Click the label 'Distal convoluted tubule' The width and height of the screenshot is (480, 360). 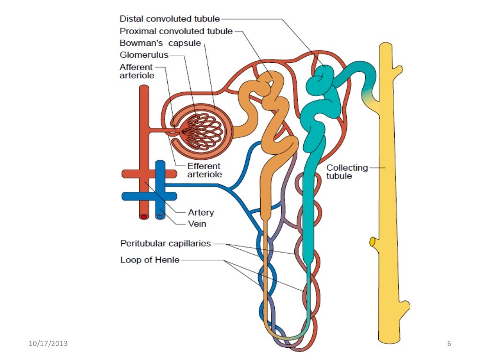click(x=170, y=19)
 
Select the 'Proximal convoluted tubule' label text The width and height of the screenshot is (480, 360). click(x=176, y=31)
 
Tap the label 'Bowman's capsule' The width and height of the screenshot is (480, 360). click(x=160, y=44)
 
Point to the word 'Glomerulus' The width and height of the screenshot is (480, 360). click(x=143, y=55)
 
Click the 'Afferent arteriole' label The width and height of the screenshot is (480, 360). click(x=136, y=71)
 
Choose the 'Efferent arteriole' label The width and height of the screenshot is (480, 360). click(x=204, y=170)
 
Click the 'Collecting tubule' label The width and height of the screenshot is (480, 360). click(x=347, y=172)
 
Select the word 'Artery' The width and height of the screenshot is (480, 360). click(x=201, y=212)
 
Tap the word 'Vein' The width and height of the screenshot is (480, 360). click(x=197, y=224)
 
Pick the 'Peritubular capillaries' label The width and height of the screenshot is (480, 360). click(x=165, y=244)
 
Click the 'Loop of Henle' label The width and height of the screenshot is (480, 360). click(x=150, y=260)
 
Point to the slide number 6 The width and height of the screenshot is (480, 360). click(x=449, y=344)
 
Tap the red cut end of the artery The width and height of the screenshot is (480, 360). click(x=144, y=217)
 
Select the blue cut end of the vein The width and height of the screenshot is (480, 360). click(x=160, y=217)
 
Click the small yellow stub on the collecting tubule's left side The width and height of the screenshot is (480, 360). click(x=373, y=242)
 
